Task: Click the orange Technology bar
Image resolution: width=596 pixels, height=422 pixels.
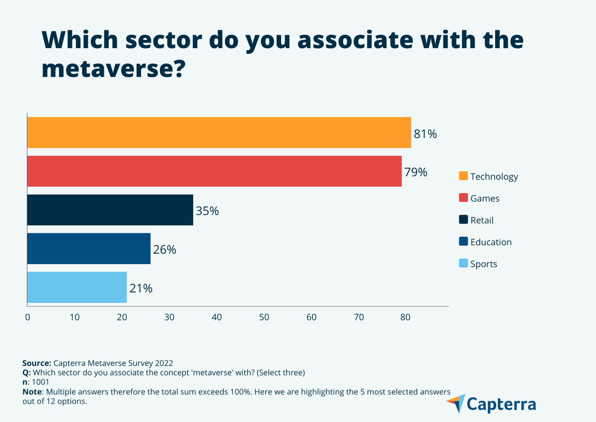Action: [x=219, y=133]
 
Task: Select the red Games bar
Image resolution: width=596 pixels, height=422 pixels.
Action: [x=214, y=171]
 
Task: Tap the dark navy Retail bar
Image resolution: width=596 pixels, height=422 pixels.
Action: [x=110, y=210]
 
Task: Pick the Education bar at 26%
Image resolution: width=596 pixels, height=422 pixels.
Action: [x=88, y=249]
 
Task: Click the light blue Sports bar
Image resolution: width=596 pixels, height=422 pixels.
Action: [x=77, y=287]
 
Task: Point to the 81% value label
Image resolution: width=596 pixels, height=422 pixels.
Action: [x=425, y=134]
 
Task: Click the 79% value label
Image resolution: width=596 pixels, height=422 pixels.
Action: [x=416, y=172]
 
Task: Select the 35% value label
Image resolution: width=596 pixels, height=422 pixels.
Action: [x=207, y=211]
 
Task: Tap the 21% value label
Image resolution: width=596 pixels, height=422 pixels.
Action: [x=141, y=288]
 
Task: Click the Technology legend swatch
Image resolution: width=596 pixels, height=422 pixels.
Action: [x=463, y=176]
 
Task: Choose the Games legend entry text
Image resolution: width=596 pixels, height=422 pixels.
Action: [x=485, y=199]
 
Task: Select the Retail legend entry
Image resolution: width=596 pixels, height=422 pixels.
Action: [x=482, y=220]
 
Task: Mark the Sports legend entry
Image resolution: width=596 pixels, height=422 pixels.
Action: [x=484, y=264]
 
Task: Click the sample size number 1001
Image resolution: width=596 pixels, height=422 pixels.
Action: [x=40, y=382]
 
